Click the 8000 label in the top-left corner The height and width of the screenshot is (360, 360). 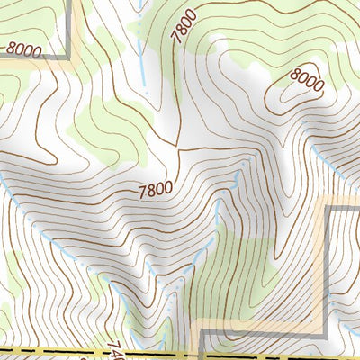[x=22, y=51]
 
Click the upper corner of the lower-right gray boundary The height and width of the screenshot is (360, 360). [x=327, y=208]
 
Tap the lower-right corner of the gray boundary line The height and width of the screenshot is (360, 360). [x=325, y=333]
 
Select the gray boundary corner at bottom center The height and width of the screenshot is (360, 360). [x=202, y=334]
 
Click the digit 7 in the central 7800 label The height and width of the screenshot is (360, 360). [x=142, y=193]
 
